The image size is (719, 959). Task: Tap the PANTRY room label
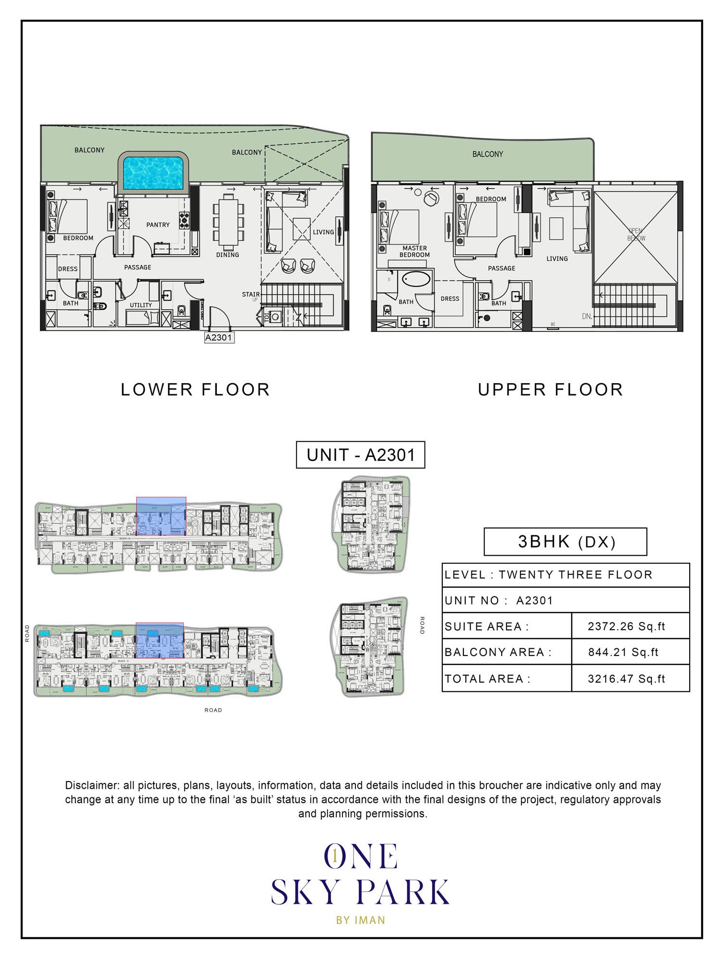158,224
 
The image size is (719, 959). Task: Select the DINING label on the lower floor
227,255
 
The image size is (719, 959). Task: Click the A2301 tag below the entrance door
219,338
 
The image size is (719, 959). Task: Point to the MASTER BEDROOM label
414,251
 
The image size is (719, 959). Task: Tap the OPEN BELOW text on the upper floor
636,234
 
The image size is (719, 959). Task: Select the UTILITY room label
141,305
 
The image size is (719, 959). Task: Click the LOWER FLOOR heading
195,389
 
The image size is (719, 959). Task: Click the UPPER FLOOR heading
551,389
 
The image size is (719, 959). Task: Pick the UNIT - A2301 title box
361,455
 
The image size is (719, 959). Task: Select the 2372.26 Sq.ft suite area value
626,626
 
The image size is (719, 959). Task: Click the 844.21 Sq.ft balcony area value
624,652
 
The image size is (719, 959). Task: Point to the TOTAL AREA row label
487,678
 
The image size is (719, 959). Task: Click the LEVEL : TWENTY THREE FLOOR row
548,575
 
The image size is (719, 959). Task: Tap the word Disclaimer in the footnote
92,785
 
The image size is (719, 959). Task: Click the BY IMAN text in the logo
361,920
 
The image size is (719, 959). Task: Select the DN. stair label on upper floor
587,316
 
